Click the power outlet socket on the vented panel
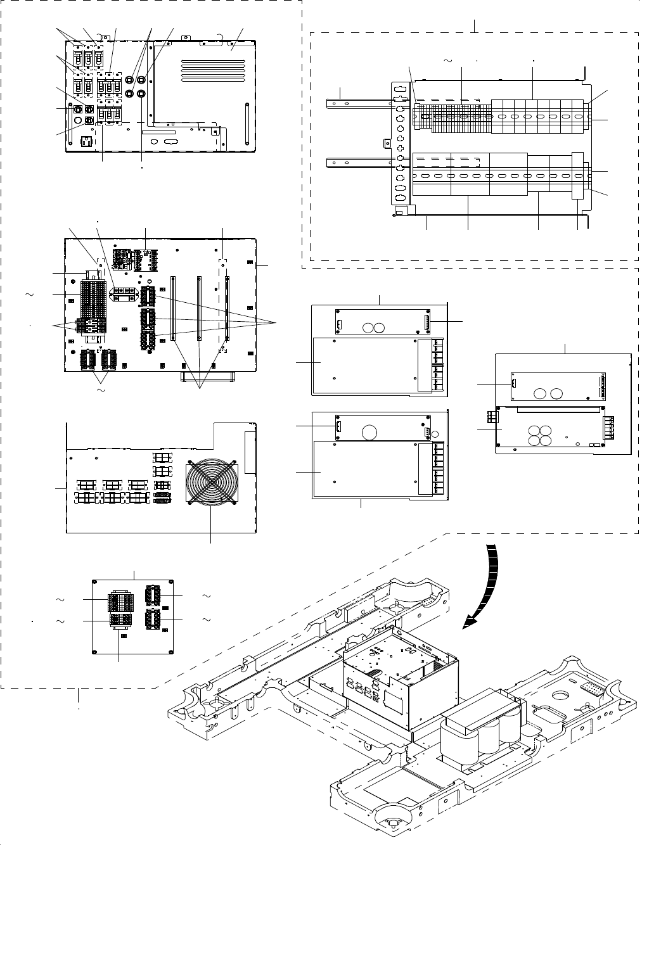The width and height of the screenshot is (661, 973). point(84,141)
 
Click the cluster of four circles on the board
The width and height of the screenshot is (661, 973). point(540,436)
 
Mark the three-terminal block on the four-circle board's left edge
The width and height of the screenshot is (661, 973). point(491,417)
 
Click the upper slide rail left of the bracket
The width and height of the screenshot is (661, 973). point(357,99)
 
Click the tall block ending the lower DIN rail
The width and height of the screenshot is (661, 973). point(577,175)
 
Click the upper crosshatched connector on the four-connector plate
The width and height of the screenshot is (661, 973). point(120,599)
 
